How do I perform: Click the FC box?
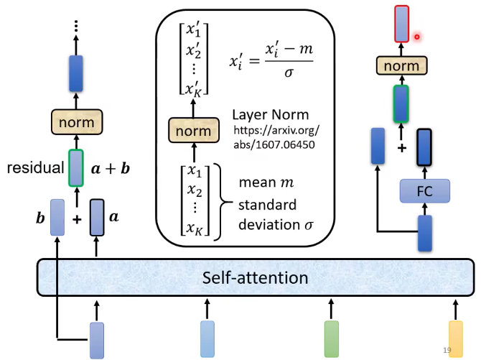point(424,190)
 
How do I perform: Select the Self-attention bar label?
point(255,277)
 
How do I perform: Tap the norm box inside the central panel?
point(193,131)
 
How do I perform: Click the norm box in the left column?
point(76,121)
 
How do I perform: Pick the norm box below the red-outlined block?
point(401,66)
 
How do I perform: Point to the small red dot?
point(416,37)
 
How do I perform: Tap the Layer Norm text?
point(270,115)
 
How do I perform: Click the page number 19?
point(447,350)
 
